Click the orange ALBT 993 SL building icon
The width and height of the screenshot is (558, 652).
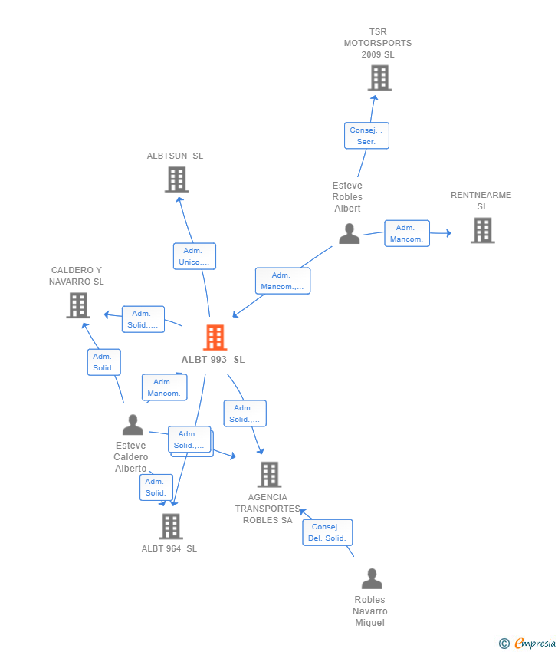tap(215, 338)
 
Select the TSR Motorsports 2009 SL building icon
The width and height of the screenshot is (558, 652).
tap(379, 78)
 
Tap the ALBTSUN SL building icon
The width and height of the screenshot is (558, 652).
tap(176, 179)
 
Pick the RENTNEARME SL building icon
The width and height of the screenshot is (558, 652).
tap(482, 230)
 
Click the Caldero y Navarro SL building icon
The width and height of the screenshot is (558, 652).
tap(77, 305)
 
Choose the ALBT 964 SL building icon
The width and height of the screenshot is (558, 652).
tap(170, 526)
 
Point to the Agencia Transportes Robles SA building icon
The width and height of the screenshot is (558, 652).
tap(269, 475)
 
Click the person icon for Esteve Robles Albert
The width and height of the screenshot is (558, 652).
tap(349, 234)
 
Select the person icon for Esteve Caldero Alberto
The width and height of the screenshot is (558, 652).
tap(133, 425)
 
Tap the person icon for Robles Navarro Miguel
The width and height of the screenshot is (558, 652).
tap(372, 579)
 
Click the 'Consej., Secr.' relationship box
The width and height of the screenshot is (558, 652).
tap(366, 136)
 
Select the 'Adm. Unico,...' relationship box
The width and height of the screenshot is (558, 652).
tap(195, 256)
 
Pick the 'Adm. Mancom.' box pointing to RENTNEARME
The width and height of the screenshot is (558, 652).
tap(406, 233)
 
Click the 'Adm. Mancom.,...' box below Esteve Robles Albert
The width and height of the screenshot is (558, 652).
tap(282, 281)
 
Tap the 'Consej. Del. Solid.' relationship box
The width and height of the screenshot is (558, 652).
tap(327, 532)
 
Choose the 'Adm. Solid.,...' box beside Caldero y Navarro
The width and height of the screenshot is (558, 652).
tap(143, 319)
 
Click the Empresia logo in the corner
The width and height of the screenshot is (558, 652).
tap(535, 644)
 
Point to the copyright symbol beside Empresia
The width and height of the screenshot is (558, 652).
tap(504, 644)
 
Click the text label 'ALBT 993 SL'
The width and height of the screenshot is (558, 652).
tap(213, 360)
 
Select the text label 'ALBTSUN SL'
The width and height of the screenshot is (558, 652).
tap(176, 156)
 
